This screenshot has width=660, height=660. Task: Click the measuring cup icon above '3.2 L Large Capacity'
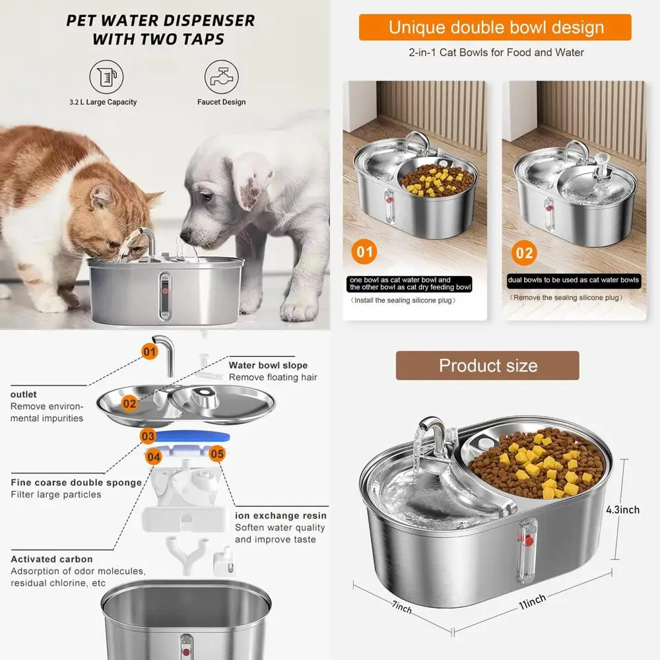tap(106, 77)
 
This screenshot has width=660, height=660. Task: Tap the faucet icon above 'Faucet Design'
tap(221, 77)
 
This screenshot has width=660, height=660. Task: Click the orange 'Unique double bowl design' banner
tap(495, 27)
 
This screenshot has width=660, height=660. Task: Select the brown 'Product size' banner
tap(488, 366)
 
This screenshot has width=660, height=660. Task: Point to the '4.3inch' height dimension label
tap(622, 510)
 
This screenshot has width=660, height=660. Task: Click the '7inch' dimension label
tap(402, 607)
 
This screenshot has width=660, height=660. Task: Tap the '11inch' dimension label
tap(533, 601)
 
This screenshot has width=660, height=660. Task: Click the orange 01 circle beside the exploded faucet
tap(149, 352)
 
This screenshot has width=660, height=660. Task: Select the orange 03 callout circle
tap(148, 436)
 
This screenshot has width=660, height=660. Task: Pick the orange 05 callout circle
tap(217, 454)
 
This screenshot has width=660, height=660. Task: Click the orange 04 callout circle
tap(154, 457)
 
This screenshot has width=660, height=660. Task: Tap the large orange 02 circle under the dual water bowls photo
tap(524, 253)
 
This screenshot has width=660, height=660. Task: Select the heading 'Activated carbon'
tap(51, 559)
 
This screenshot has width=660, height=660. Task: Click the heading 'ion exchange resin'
tap(280, 515)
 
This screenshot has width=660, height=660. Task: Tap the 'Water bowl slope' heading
tap(268, 366)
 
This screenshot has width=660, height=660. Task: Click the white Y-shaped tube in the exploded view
tap(187, 554)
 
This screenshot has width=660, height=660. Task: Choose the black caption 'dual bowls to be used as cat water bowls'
tap(574, 280)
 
